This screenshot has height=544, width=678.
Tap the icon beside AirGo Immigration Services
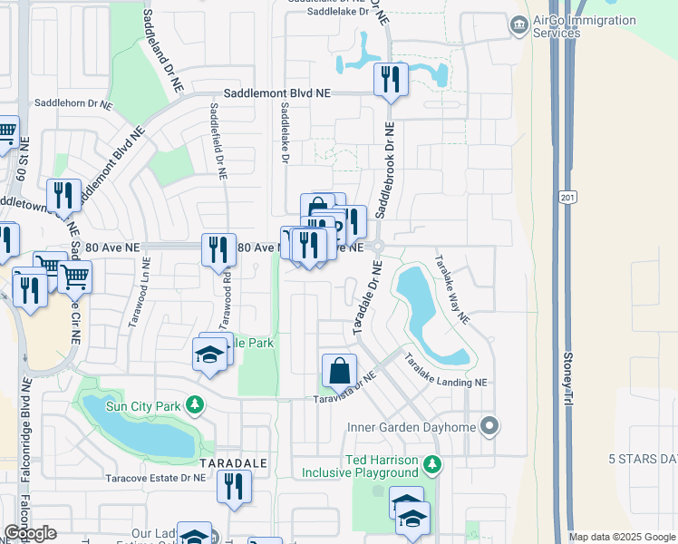pos(518,24)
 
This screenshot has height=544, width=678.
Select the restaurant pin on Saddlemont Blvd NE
pos(391,79)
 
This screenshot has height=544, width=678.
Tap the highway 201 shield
pos(567,197)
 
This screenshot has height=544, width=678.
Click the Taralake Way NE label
pos(451,287)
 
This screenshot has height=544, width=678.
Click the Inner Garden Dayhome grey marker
pos(490,424)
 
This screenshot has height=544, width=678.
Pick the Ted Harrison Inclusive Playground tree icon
pos(433,465)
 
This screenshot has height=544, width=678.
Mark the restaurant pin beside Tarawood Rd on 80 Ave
pos(218,248)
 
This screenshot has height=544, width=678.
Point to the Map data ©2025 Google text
pos(621,537)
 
